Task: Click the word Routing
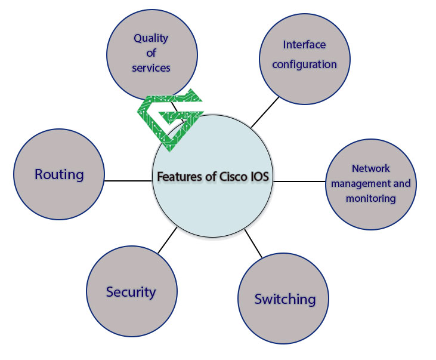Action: (x=59, y=175)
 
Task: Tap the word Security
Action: (x=131, y=292)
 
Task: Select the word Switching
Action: (x=285, y=299)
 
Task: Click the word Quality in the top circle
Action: (x=151, y=38)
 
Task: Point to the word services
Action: (x=151, y=67)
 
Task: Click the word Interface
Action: (x=304, y=45)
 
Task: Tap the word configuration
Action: (x=304, y=64)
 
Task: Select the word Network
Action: (x=370, y=168)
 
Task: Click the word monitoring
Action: (x=370, y=198)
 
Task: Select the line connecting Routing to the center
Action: (x=128, y=180)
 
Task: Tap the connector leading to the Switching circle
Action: (x=253, y=244)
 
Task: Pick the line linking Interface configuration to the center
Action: (x=264, y=112)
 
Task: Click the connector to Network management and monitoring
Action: (x=300, y=180)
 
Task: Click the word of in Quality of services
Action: (x=151, y=53)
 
